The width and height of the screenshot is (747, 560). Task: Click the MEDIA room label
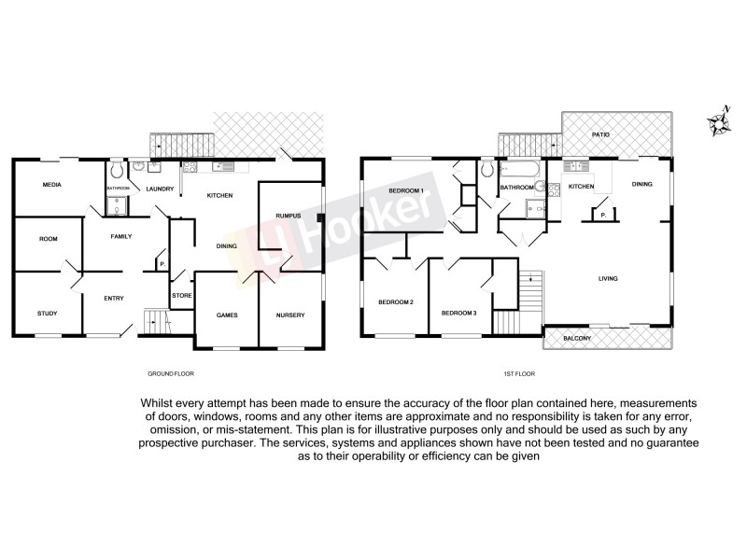point(52,185)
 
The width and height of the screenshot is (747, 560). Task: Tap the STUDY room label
point(47,314)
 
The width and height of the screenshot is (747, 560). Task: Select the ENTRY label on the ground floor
point(114,299)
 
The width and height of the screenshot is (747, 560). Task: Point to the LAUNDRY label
point(160,189)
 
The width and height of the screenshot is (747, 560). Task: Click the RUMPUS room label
point(287,217)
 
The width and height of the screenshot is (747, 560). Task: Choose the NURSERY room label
point(290,315)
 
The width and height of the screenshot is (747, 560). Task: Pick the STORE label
point(181,297)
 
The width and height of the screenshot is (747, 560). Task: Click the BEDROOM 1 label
point(405,191)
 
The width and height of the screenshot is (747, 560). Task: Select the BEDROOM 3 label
point(459,313)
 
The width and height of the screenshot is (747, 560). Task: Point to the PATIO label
point(600,135)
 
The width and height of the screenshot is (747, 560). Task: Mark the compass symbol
point(718,122)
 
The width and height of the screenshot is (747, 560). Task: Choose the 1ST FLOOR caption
point(518,374)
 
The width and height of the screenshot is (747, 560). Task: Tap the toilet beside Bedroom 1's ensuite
point(487,170)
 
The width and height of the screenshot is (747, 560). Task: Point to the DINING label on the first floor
point(642,185)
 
